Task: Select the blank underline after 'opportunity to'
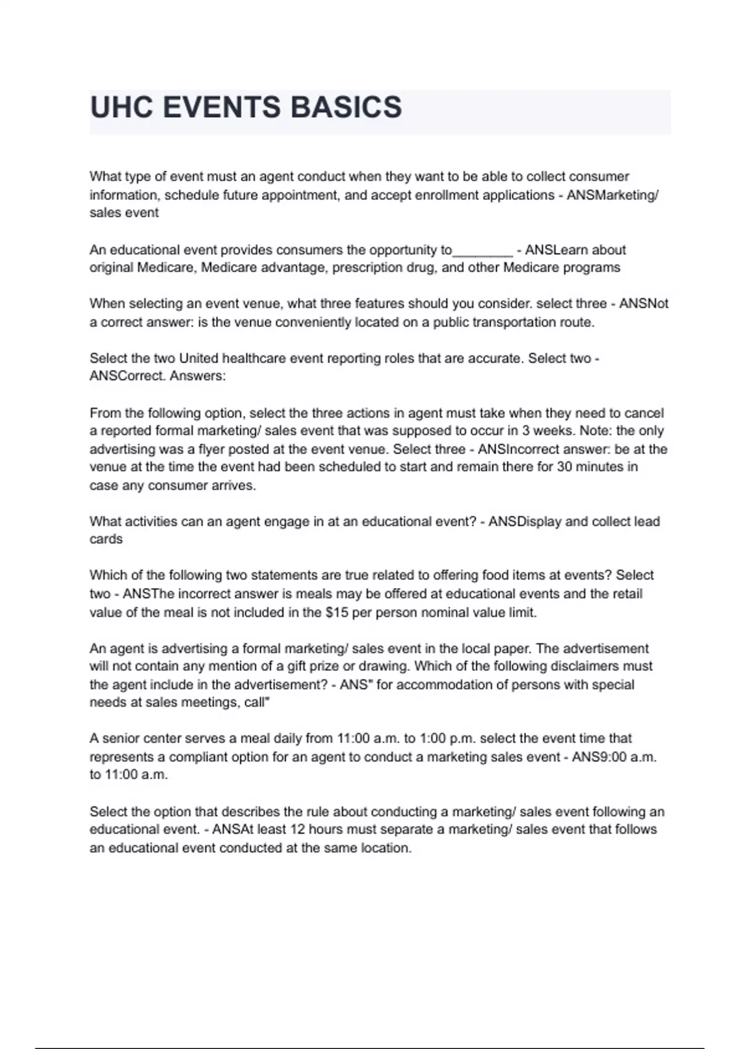click(x=482, y=250)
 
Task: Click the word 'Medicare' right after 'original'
click(x=165, y=268)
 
